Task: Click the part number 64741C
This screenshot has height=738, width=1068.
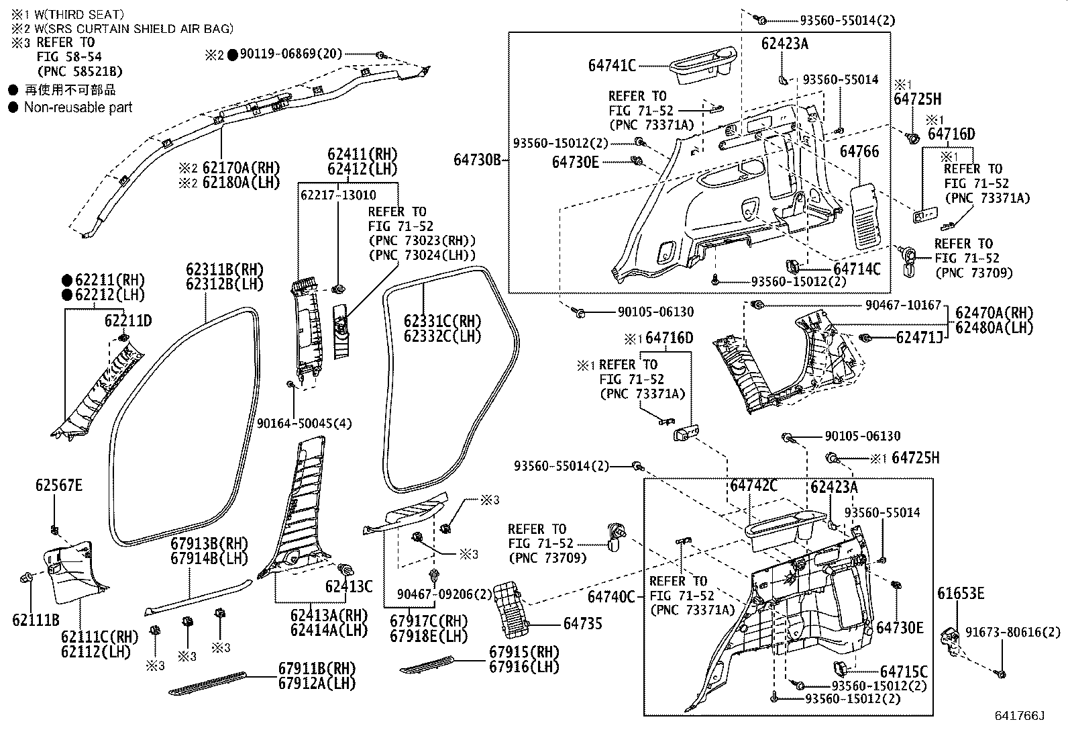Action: [612, 65]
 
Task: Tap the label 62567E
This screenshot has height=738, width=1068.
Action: [59, 485]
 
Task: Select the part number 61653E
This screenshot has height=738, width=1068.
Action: [961, 593]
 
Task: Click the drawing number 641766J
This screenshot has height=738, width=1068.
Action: [1020, 717]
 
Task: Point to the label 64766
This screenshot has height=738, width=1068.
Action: [859, 152]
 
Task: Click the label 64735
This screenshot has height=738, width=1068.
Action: [582, 624]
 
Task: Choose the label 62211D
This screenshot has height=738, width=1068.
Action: [128, 321]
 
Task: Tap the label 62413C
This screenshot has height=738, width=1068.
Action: [348, 586]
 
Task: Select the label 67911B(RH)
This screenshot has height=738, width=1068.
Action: [317, 669]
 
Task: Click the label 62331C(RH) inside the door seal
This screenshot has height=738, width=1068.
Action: [442, 322]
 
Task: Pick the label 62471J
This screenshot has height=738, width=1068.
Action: [919, 337]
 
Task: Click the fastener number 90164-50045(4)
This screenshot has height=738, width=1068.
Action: [304, 423]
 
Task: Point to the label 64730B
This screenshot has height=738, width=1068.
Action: [477, 160]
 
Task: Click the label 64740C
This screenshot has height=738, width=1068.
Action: [611, 596]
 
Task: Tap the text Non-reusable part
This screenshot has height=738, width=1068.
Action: [78, 107]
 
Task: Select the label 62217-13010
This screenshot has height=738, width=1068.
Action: [338, 195]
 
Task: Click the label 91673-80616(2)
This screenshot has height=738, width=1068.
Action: [1013, 633]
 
